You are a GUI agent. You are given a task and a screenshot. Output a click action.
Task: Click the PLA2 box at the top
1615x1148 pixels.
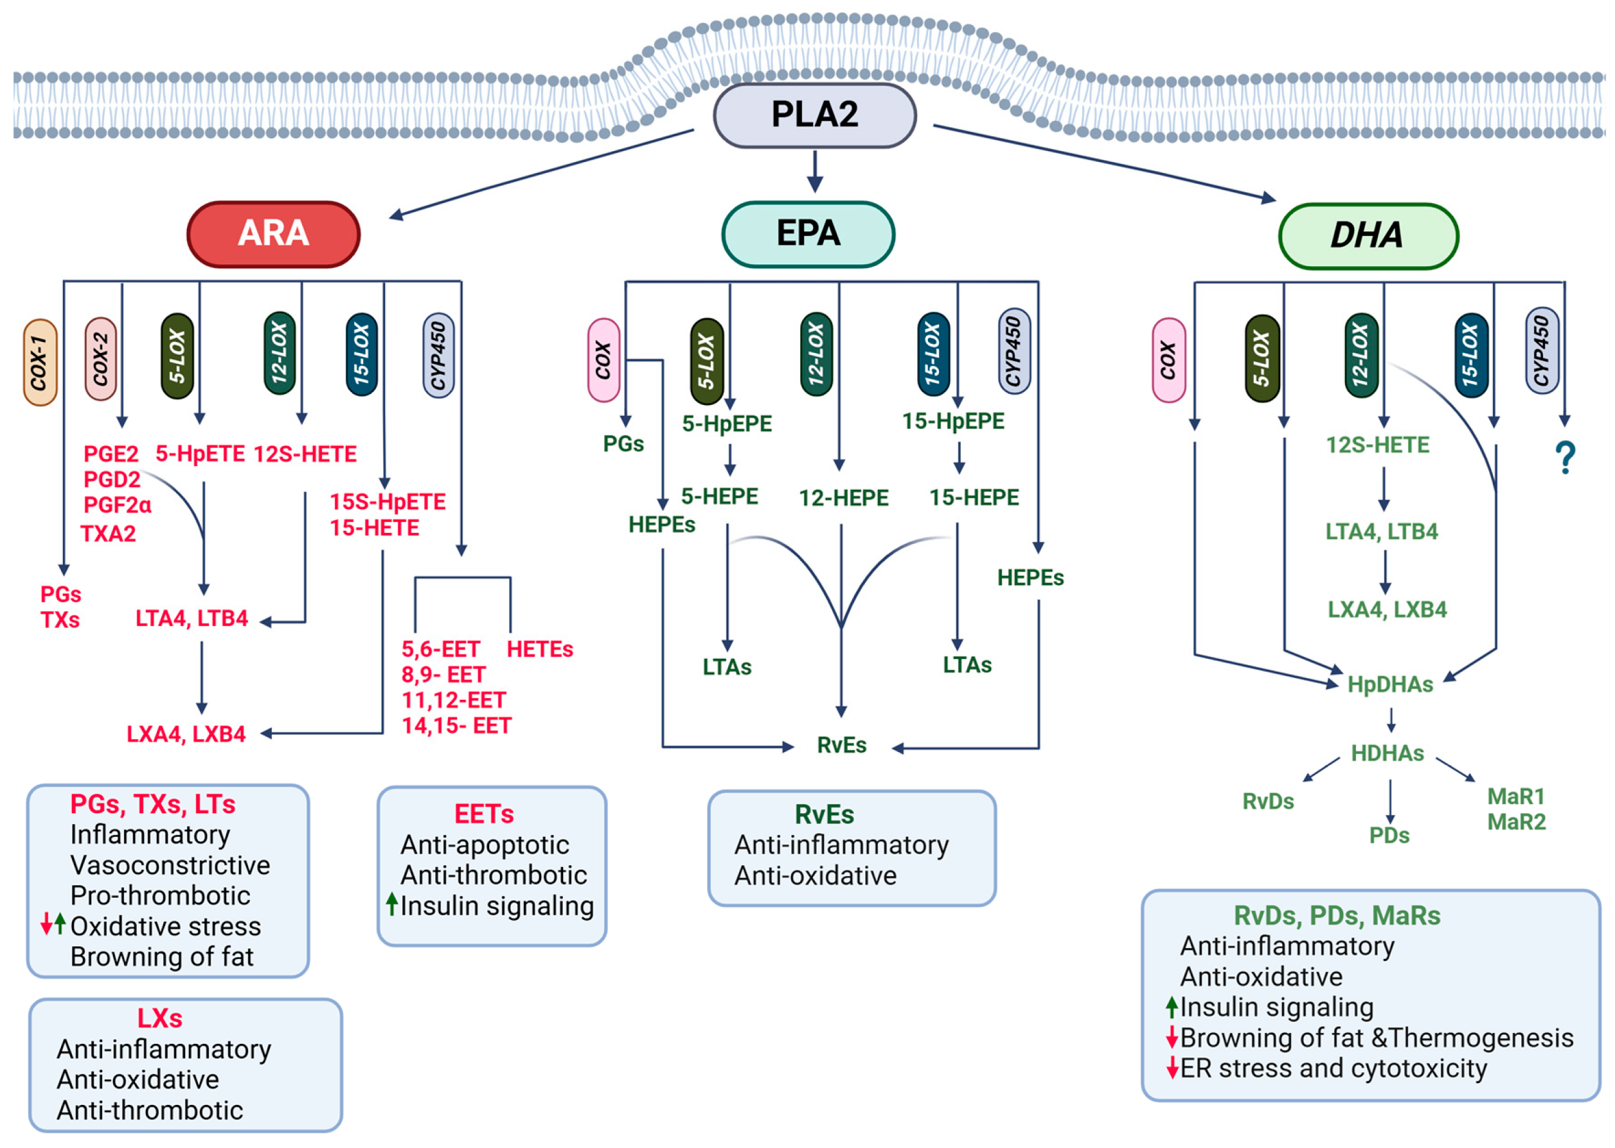click(x=814, y=115)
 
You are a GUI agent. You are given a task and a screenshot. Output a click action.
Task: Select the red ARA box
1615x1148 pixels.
click(x=274, y=234)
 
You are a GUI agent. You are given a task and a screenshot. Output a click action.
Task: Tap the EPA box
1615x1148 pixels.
click(x=808, y=234)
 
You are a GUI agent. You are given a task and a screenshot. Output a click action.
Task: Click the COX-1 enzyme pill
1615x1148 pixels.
click(x=40, y=362)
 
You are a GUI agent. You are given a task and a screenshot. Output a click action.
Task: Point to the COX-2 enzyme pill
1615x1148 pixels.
click(x=100, y=359)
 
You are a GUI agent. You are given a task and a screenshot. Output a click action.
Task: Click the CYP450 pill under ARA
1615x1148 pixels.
click(x=438, y=355)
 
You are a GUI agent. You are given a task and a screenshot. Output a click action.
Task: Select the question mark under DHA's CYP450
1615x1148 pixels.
click(x=1565, y=458)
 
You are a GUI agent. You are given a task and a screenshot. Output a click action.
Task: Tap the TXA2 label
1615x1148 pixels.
click(x=108, y=534)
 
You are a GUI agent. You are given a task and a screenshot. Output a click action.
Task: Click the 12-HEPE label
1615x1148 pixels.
click(x=843, y=498)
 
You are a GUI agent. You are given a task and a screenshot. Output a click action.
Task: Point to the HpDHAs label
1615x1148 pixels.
click(x=1389, y=685)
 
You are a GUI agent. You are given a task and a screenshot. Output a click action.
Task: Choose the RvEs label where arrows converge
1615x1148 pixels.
click(x=841, y=745)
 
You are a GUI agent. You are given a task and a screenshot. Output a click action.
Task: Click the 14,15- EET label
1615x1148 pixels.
click(x=456, y=726)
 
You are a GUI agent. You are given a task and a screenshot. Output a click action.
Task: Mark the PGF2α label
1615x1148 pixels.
click(x=118, y=505)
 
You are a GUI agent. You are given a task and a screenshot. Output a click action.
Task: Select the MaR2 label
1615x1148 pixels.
click(x=1516, y=822)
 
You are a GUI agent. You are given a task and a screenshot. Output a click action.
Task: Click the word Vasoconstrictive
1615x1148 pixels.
click(x=170, y=865)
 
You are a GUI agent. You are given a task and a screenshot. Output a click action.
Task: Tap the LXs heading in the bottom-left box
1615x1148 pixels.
click(x=160, y=1019)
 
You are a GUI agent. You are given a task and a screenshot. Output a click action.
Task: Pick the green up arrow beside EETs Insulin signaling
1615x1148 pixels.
click(x=391, y=904)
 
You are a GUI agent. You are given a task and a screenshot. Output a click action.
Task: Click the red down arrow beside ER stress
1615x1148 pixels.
click(x=1172, y=1068)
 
